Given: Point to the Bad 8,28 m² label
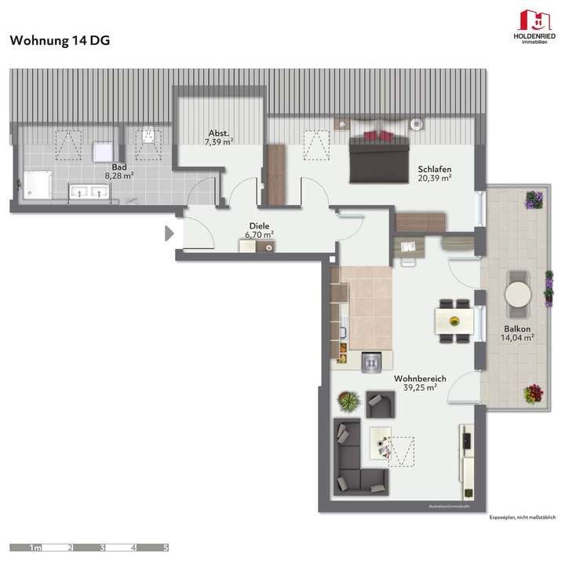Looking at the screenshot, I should (119, 171).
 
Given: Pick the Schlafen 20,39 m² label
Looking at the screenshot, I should (435, 174).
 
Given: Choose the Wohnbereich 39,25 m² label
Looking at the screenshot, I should (420, 383).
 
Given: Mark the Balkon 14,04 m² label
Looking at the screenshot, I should (517, 333).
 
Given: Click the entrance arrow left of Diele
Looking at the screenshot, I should (169, 233).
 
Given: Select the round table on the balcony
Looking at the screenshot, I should (519, 294).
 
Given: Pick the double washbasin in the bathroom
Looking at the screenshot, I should (89, 190).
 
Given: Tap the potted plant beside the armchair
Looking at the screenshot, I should (348, 402).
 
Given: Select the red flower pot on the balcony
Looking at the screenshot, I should (534, 392).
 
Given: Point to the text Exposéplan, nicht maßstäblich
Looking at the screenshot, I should (522, 518).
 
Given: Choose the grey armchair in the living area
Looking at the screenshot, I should (381, 405).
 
